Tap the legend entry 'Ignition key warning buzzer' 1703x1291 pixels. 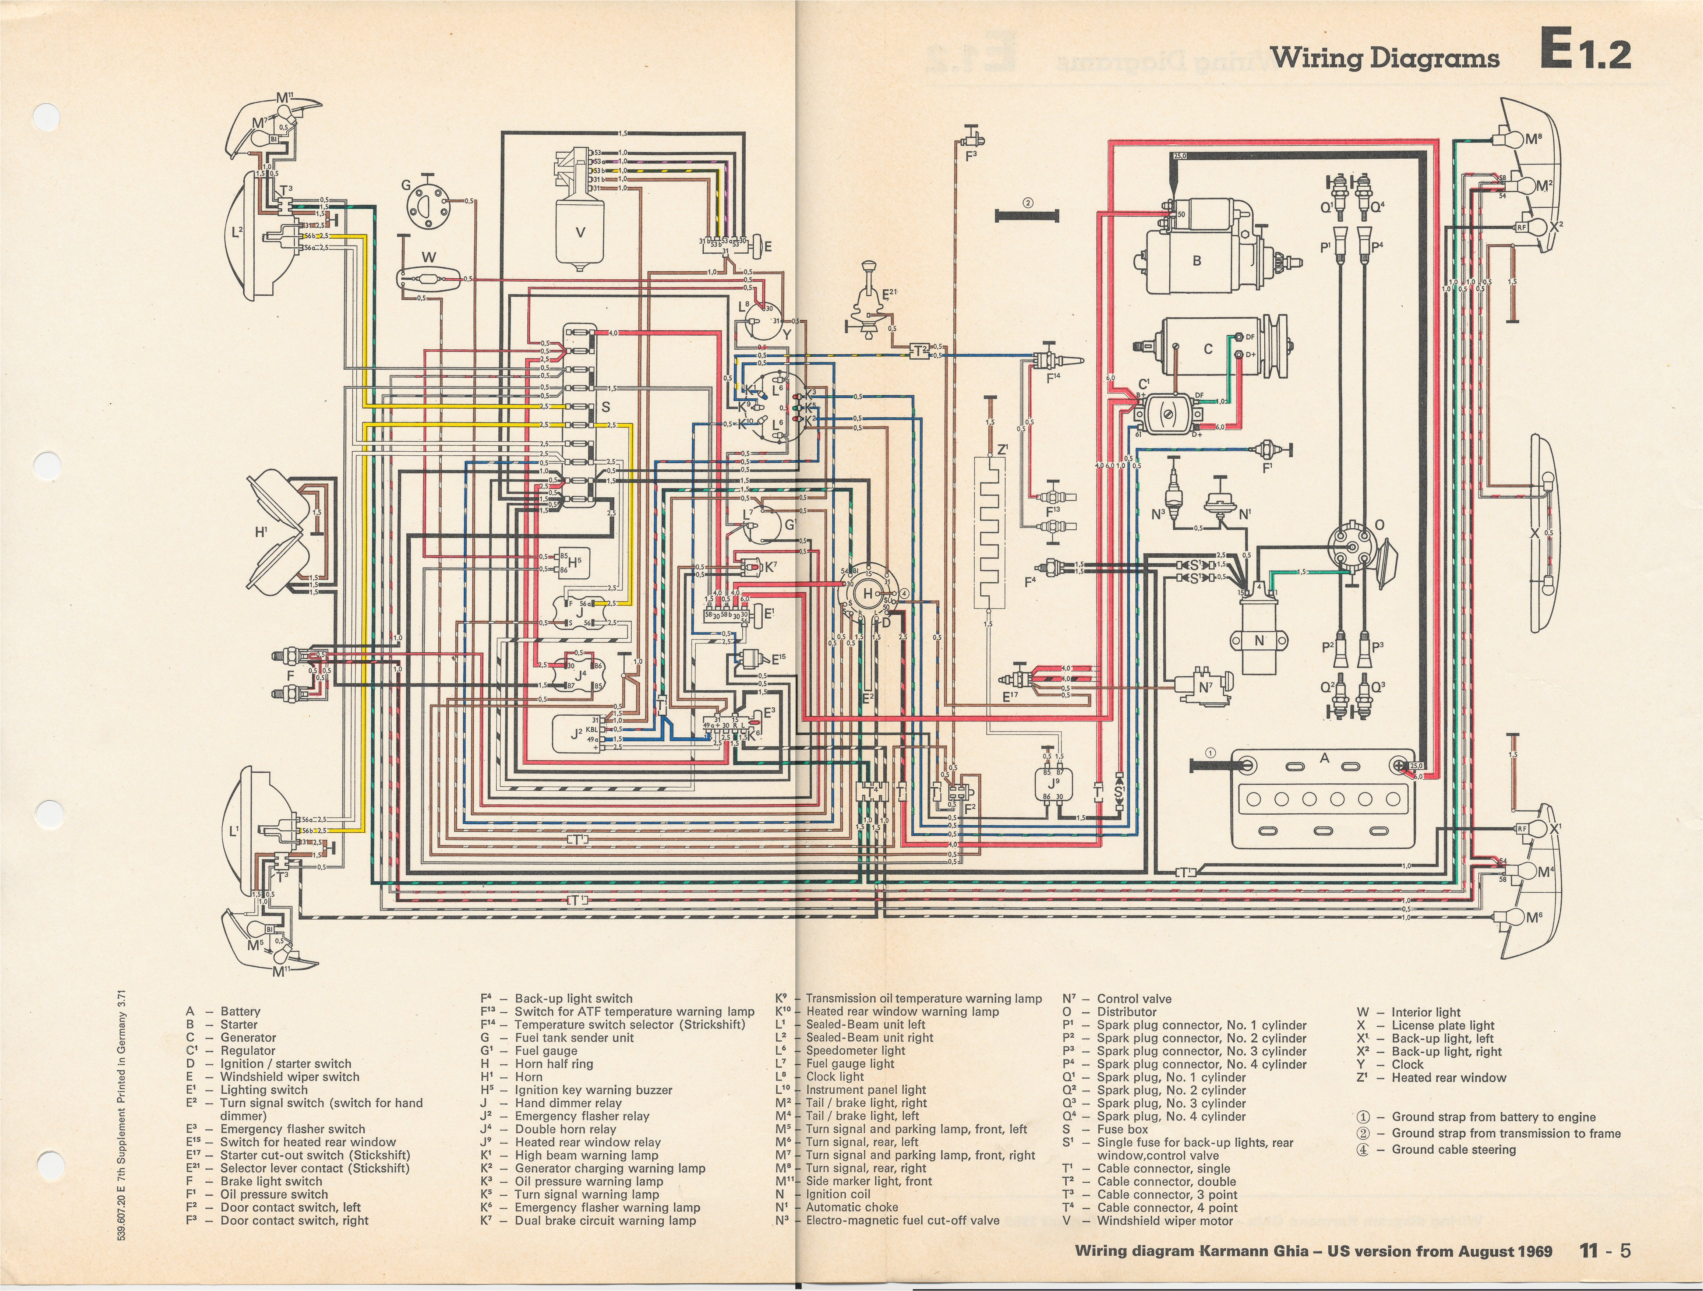tap(593, 1090)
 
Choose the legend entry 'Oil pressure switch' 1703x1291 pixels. tap(273, 1194)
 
